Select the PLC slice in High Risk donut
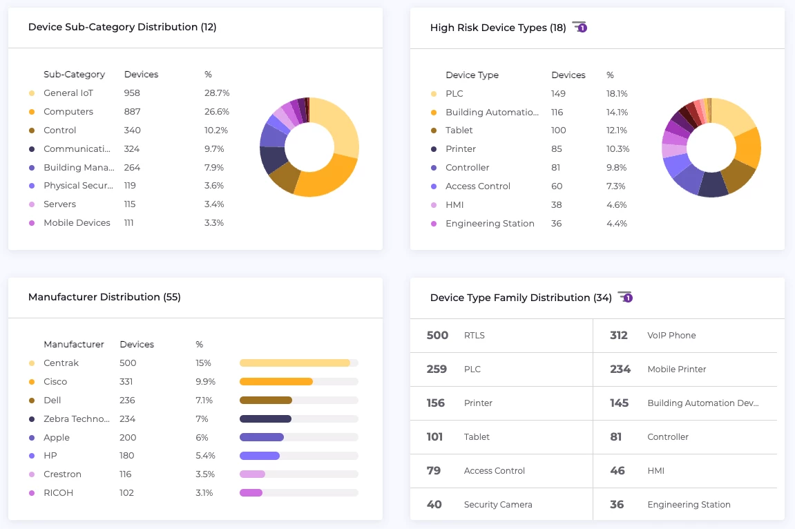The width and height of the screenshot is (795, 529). pos(734,116)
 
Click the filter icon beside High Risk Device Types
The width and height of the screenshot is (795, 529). pos(580,28)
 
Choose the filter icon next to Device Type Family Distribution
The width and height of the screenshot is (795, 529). pos(625,297)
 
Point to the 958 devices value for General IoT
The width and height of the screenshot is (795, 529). pos(132,93)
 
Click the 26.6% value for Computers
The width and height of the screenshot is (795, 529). pos(217,112)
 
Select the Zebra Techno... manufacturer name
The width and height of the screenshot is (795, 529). pos(77,419)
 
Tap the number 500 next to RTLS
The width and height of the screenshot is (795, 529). pos(437,336)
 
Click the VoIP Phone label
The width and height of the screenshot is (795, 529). pos(671,336)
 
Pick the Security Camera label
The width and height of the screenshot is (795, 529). pos(498,505)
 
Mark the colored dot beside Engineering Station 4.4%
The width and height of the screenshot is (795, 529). pos(434,224)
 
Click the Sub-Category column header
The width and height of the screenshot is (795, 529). pos(74,75)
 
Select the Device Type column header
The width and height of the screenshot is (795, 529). pos(472,75)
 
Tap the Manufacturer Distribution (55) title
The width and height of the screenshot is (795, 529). pos(104,297)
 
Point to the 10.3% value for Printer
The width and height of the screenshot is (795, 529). pos(617,149)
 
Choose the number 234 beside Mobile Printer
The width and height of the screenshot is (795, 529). pos(620,369)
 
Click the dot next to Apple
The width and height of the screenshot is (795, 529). pos(32,438)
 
